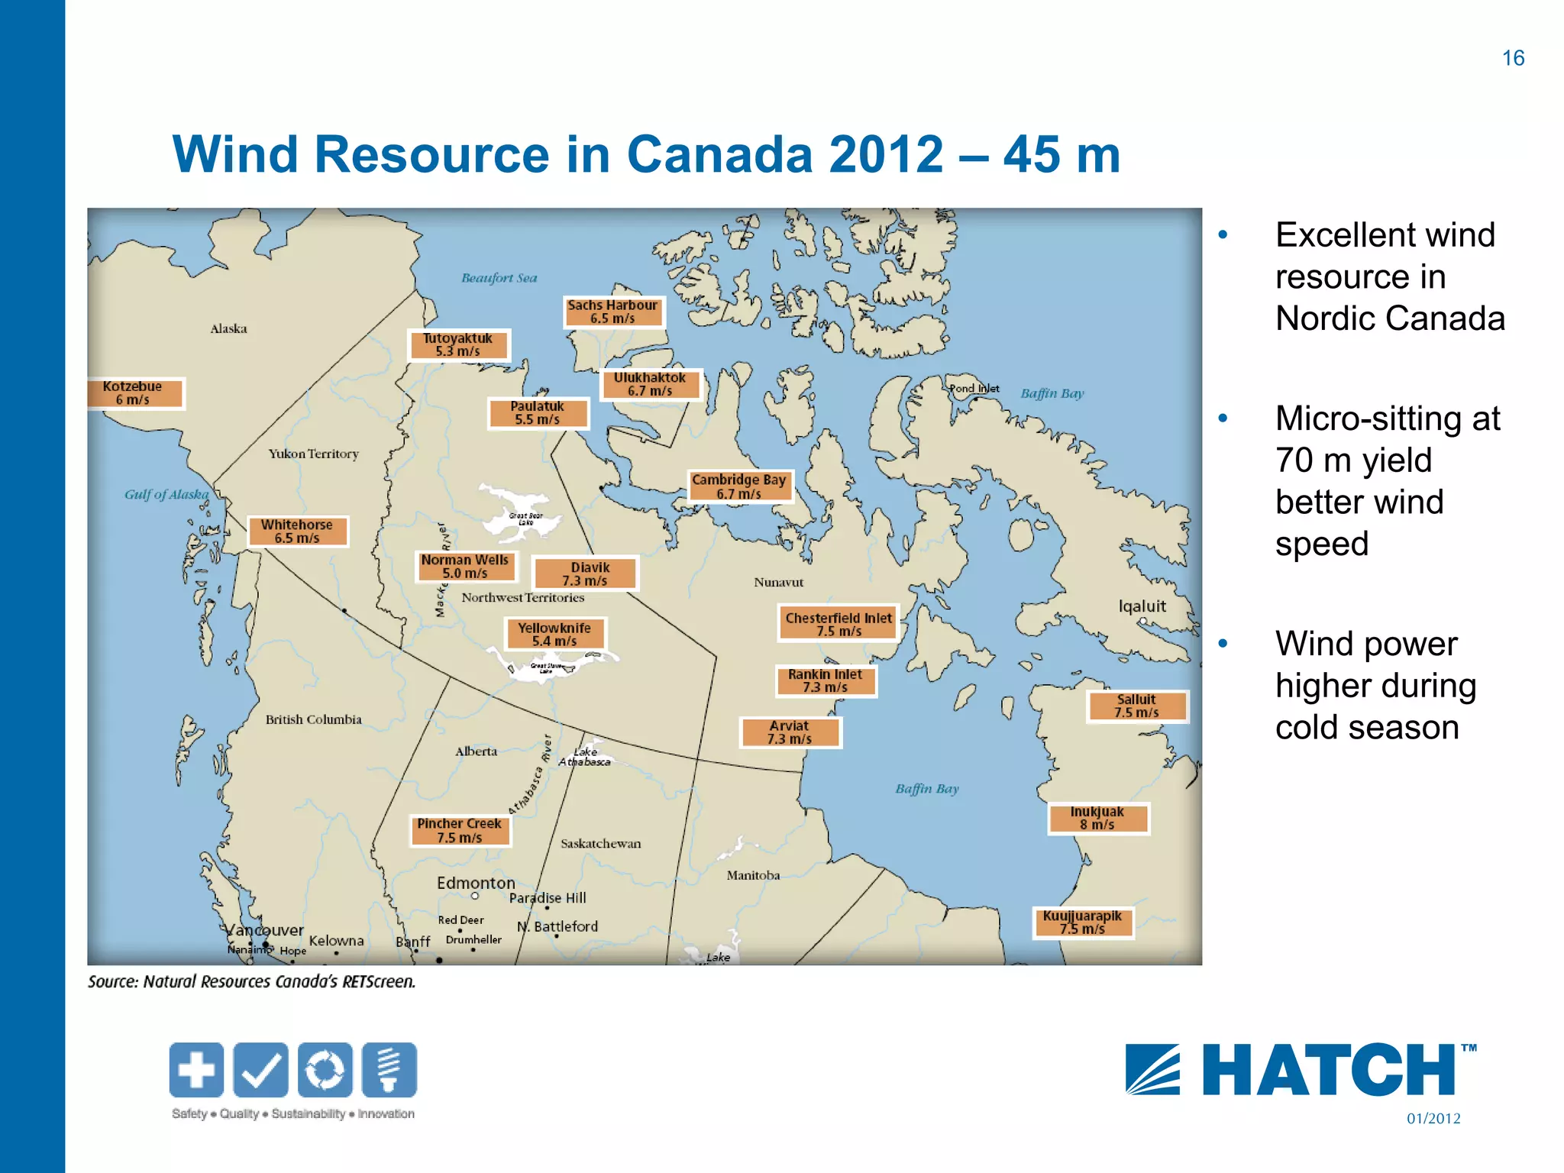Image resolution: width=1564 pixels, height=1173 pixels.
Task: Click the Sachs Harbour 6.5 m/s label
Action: coord(613,312)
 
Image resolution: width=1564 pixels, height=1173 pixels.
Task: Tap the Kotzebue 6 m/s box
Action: coord(134,393)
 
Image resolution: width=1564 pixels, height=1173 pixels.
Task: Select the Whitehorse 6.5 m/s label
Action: coord(297,532)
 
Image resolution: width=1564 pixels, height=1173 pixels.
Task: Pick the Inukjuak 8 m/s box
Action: coord(1097,818)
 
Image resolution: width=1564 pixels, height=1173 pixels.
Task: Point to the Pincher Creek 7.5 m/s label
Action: coord(460,831)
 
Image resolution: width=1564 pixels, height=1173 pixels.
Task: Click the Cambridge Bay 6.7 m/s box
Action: coord(739,486)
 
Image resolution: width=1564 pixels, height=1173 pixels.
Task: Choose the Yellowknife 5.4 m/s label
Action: coord(554,634)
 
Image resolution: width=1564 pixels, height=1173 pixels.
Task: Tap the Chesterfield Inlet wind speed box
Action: coord(839,624)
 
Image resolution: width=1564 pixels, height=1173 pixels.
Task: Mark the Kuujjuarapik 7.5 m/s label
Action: coord(1083,922)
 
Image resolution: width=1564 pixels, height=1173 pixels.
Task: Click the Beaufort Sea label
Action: coord(499,278)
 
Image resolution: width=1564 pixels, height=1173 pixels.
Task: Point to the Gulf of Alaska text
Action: coord(166,494)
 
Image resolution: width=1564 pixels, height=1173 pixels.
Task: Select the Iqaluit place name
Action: coord(1142,606)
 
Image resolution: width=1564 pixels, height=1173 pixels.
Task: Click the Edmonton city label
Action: coord(476,883)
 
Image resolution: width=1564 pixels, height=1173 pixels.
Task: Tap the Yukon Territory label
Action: coord(313,454)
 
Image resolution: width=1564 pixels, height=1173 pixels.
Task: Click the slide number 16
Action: coord(1512,58)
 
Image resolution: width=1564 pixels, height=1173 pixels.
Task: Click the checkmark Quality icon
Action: coord(261,1069)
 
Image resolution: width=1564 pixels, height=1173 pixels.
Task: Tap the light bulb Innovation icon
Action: coord(389,1069)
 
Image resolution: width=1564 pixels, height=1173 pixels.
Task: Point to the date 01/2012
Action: coord(1433,1119)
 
